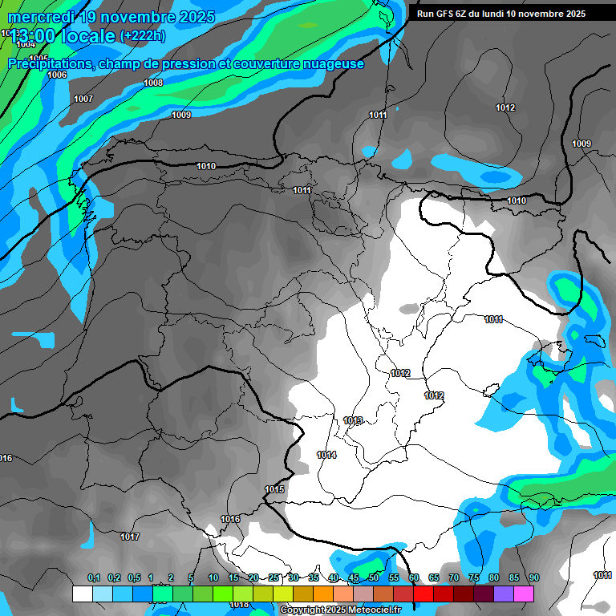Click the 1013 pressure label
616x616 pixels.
pyautogui.click(x=353, y=420)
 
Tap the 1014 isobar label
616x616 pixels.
pyautogui.click(x=326, y=455)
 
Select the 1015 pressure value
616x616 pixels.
pyautogui.click(x=274, y=489)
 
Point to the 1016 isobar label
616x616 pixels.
pyautogui.click(x=230, y=519)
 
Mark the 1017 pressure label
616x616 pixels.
pyautogui.click(x=130, y=537)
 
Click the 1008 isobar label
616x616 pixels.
pyautogui.click(x=153, y=83)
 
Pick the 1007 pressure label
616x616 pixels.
pyautogui.click(x=83, y=99)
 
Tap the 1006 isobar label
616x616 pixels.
pyautogui.click(x=57, y=75)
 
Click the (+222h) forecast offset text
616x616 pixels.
pyautogui.click(x=143, y=36)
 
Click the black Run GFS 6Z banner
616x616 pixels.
pyautogui.click(x=501, y=14)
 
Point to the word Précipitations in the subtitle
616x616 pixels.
pyautogui.click(x=51, y=64)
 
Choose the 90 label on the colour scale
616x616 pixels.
pyautogui.click(x=534, y=578)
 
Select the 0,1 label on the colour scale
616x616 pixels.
pyautogui.click(x=94, y=578)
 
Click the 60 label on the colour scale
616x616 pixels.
pyautogui.click(x=414, y=578)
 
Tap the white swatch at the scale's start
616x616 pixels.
pyautogui.click(x=82, y=594)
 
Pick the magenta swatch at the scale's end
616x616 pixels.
pyautogui.click(x=524, y=594)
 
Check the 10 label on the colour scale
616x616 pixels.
pyautogui.click(x=213, y=578)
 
